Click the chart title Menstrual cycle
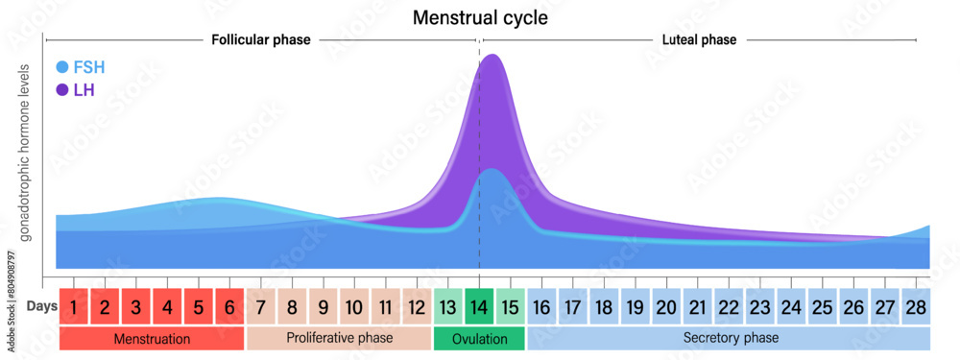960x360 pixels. coord(480,17)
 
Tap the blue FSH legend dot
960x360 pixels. coord(62,67)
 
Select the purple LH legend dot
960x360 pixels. coord(62,90)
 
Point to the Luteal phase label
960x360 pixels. coord(699,40)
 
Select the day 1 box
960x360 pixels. coord(74,308)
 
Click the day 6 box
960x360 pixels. coord(229,308)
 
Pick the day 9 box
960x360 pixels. coord(324,308)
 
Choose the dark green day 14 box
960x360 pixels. coord(479,308)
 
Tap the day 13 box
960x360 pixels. coord(448,308)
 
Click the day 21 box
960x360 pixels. coord(697,308)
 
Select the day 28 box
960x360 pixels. coord(916,308)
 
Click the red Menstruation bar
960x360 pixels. coord(152,339)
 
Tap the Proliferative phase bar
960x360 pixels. coord(339,339)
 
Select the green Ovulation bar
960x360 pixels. coord(479,339)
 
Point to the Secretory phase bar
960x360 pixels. coord(730,339)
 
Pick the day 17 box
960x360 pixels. coord(573,308)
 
